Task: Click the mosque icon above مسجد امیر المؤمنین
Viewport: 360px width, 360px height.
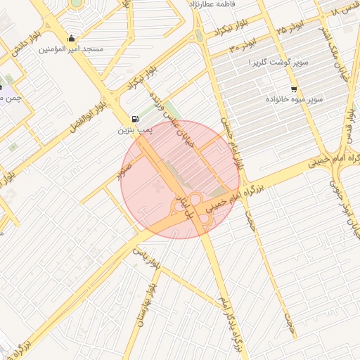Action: pyautogui.click(x=71, y=39)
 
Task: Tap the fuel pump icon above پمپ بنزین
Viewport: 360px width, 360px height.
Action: pyautogui.click(x=135, y=120)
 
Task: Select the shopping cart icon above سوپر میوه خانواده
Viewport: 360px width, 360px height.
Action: pyautogui.click(x=293, y=89)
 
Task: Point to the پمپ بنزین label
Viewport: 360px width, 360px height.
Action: pyautogui.click(x=134, y=130)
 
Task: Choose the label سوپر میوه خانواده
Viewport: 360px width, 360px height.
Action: pyautogui.click(x=294, y=100)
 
